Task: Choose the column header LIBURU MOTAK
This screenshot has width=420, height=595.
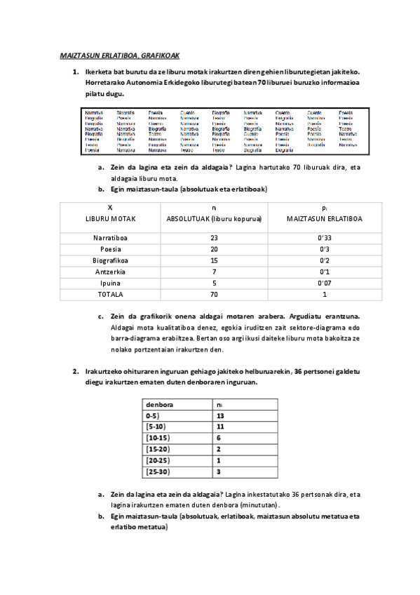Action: click(x=110, y=219)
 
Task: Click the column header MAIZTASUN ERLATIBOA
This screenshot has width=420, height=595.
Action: click(x=323, y=219)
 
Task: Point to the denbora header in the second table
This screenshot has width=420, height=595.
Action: click(x=160, y=405)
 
